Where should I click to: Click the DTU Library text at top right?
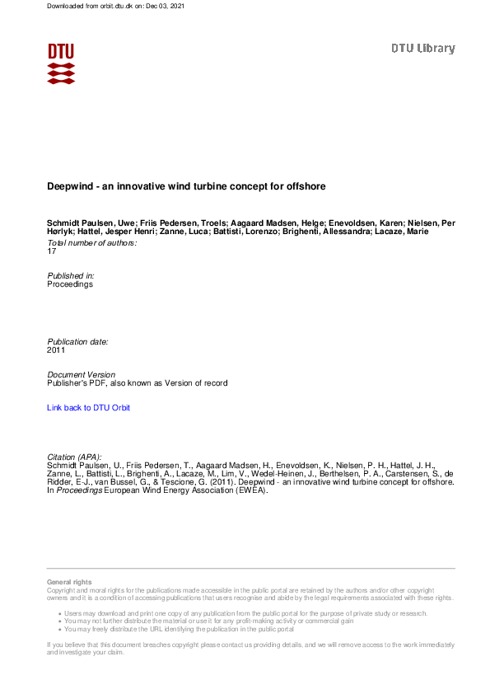point(422,49)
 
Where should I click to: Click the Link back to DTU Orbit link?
point(88,408)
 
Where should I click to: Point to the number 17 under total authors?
point(53,251)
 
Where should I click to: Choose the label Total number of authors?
point(91,243)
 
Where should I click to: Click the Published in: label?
point(71,275)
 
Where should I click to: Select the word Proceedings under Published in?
point(70,284)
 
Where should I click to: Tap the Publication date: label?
point(77,341)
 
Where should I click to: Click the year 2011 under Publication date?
point(56,350)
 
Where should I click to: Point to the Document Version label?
point(82,375)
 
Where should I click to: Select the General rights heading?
point(70,583)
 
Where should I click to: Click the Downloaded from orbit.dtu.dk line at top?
point(115,7)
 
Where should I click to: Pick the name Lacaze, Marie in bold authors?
point(427,232)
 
